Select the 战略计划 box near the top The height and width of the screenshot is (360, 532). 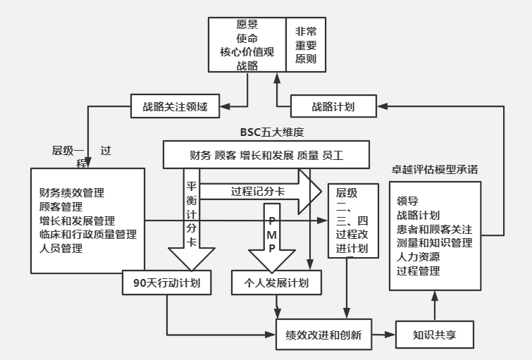coord(333,106)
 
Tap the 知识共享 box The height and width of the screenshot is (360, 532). coord(434,335)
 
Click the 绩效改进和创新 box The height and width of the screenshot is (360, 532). coord(319,335)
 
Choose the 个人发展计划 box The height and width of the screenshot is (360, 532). coord(276,283)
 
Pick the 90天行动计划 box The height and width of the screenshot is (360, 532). coord(166,283)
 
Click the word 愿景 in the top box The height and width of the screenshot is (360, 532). coord(247,24)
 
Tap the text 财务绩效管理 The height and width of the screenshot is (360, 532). coord(72,192)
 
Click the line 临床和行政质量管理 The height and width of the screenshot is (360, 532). coord(88,234)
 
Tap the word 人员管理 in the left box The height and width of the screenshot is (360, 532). coord(61,248)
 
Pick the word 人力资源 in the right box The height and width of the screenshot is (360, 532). coord(419,257)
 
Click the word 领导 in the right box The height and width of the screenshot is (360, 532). coord(407,200)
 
